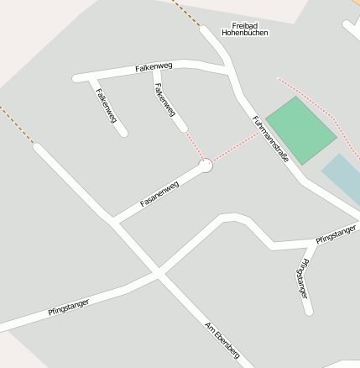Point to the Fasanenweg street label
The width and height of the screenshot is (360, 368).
pyautogui.click(x=159, y=194)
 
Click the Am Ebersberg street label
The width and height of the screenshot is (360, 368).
pyautogui.click(x=222, y=343)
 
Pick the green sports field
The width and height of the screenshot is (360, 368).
pyautogui.click(x=300, y=130)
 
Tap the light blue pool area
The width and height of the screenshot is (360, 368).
pyautogui.click(x=342, y=176)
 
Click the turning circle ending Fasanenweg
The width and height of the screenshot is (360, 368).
pyautogui.click(x=205, y=166)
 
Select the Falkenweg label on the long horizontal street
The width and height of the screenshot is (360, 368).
pyautogui.click(x=153, y=67)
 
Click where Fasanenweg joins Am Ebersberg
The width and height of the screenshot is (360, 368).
pyautogui.click(x=114, y=222)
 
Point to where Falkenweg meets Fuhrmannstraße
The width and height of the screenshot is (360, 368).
pyautogui.click(x=230, y=71)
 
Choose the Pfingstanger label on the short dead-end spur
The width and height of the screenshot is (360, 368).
pyautogui.click(x=302, y=280)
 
